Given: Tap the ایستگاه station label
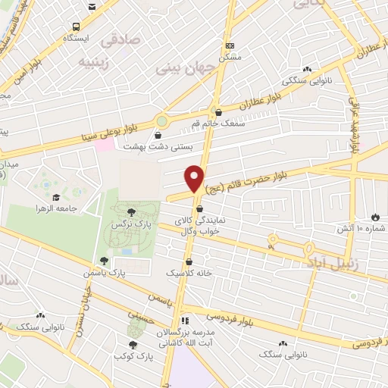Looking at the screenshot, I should coord(77,37).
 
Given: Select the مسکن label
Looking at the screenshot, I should coord(229,57).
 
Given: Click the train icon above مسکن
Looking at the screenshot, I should coord(230,45).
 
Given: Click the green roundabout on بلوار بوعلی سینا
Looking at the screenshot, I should coord(161,120).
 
